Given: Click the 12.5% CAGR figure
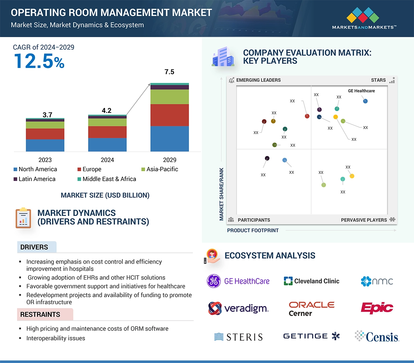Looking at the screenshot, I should click(39, 61).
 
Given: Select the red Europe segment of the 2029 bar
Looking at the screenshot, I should click(169, 115).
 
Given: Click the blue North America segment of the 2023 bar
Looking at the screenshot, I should click(45, 145).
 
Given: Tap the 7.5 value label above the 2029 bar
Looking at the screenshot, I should click(169, 72).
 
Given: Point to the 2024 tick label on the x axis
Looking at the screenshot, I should click(107, 160).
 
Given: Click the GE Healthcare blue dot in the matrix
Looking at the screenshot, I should click(365, 101).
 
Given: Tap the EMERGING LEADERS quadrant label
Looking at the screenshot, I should click(258, 80).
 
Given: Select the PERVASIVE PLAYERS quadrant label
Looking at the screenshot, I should click(364, 220).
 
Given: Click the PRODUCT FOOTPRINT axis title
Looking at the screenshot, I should click(253, 231).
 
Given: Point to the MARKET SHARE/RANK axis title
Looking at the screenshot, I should click(222, 194).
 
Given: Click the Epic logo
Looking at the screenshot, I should click(377, 308).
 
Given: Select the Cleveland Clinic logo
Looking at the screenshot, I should click(311, 281).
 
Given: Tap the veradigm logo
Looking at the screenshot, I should click(238, 309).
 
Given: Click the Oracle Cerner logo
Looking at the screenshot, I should click(311, 309).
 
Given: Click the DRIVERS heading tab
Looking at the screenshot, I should click(34, 247).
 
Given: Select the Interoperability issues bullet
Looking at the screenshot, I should click(56, 338).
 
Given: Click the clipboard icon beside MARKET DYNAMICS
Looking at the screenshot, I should click(23, 218).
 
